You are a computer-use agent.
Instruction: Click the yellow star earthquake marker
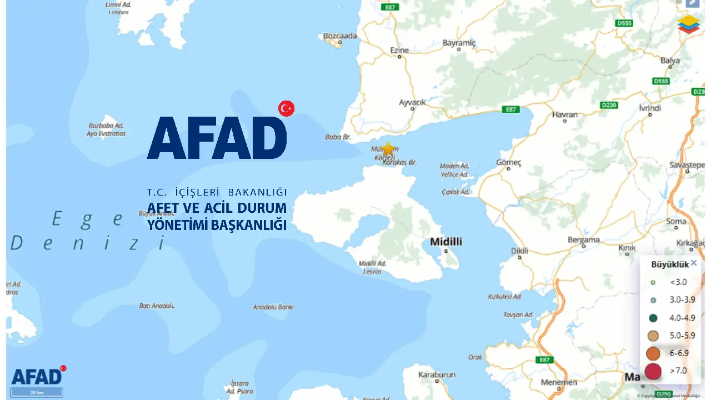click(x=388, y=148)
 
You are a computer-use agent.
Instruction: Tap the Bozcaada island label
click(x=340, y=36)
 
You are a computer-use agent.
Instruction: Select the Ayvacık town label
click(x=412, y=102)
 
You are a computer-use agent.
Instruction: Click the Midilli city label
click(x=446, y=242)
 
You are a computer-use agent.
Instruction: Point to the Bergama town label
click(x=583, y=240)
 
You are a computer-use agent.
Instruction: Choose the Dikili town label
click(x=519, y=251)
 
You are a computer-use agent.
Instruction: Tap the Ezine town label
click(x=399, y=50)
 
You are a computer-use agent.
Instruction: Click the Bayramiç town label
click(x=459, y=43)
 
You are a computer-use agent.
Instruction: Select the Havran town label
click(x=565, y=114)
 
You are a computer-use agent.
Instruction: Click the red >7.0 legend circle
click(x=653, y=371)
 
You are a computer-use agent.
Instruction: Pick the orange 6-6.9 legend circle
click(x=653, y=353)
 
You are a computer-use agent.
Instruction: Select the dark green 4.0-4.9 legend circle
click(x=653, y=318)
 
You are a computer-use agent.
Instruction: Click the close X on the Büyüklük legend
click(x=694, y=263)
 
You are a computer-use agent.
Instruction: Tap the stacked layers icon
click(x=689, y=24)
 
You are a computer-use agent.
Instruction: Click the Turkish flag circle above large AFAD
click(x=286, y=108)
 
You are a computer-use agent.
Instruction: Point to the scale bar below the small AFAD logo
click(x=37, y=393)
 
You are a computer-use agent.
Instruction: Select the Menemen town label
click(x=559, y=383)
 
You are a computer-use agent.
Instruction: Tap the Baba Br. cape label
click(x=338, y=137)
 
